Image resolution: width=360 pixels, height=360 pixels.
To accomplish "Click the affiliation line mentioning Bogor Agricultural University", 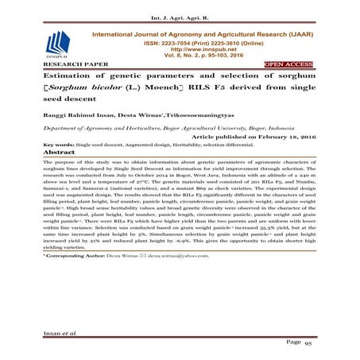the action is (183, 126).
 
